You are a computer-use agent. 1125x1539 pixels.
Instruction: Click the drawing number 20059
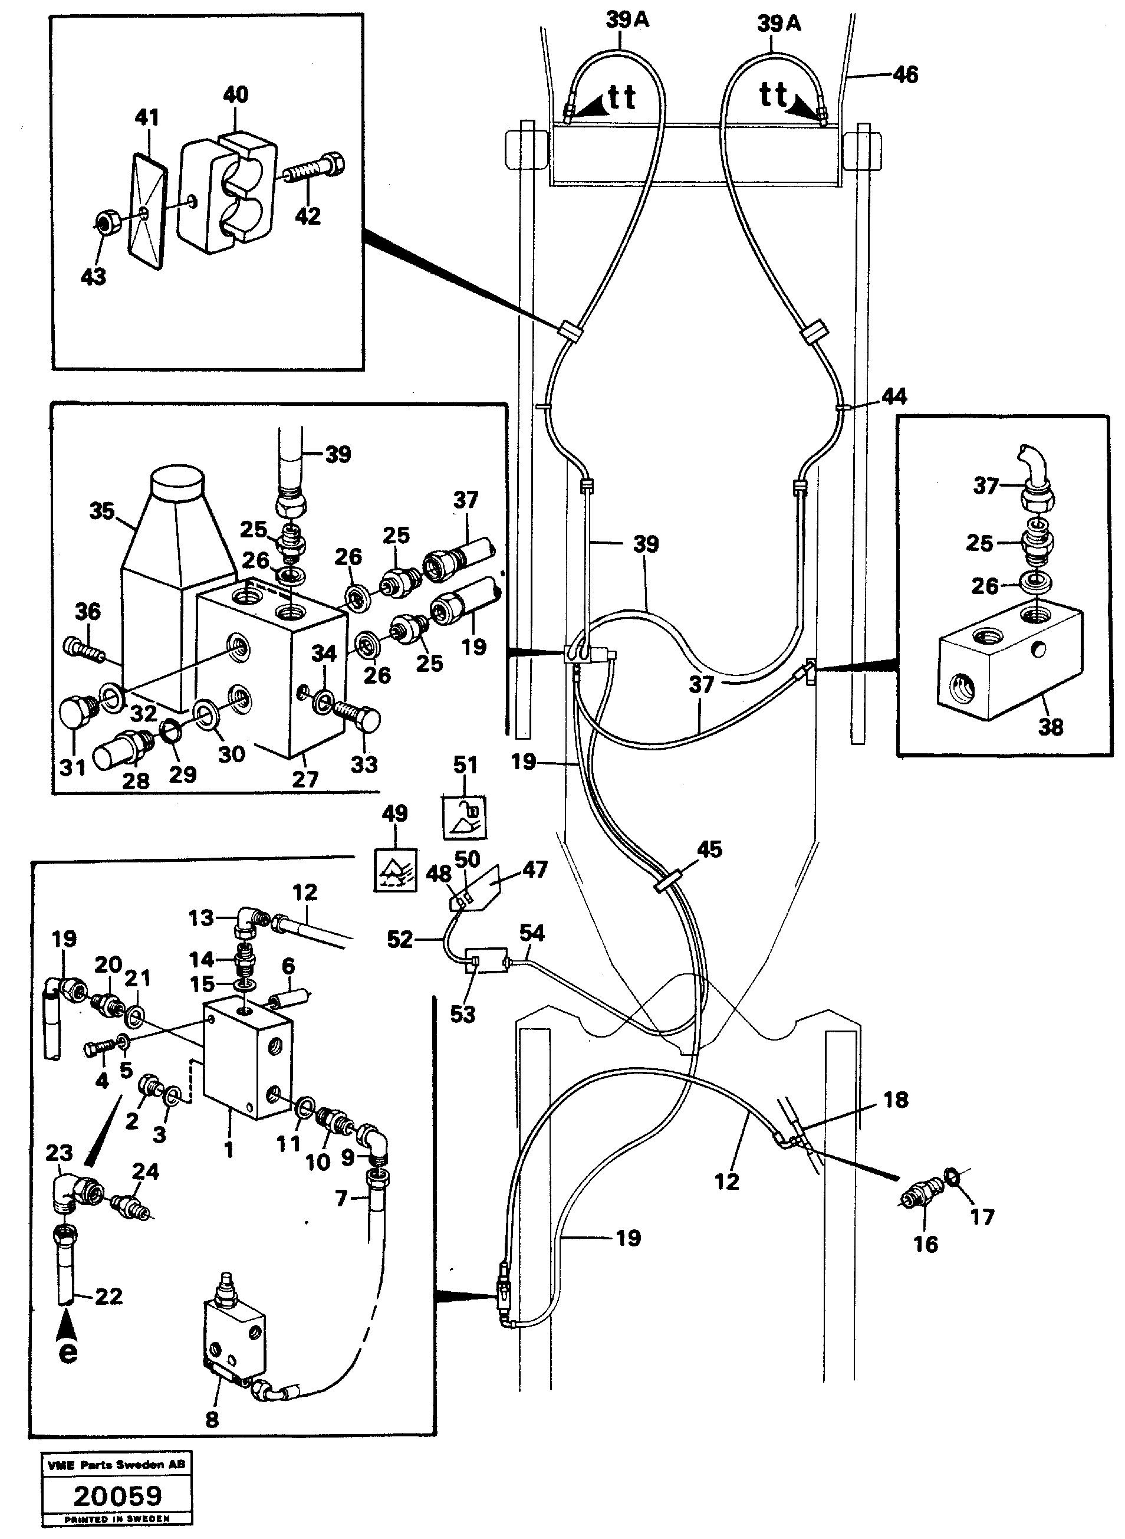point(117,1495)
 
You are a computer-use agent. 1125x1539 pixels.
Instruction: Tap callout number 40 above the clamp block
point(236,95)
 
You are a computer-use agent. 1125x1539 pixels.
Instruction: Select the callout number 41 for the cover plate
point(146,117)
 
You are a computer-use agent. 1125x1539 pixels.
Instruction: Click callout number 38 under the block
point(1050,727)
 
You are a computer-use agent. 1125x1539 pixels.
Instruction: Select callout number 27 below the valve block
point(305,778)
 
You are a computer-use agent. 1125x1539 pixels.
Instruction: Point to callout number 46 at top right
point(905,74)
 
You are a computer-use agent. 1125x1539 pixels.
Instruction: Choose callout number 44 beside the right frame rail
point(893,396)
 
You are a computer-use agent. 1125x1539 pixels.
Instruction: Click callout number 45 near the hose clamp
point(709,849)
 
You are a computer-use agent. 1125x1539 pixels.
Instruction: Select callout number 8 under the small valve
point(212,1419)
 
